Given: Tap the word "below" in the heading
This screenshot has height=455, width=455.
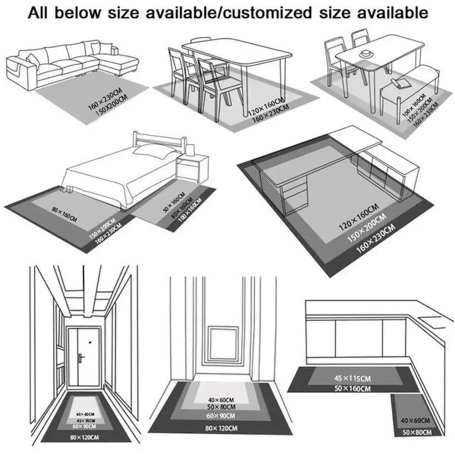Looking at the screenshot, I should [77, 12].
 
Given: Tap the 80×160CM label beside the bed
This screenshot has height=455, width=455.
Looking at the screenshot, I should [65, 212].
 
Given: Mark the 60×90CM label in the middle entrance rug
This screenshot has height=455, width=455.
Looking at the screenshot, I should [221, 416].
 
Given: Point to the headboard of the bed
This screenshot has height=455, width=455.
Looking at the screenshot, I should [159, 138].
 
